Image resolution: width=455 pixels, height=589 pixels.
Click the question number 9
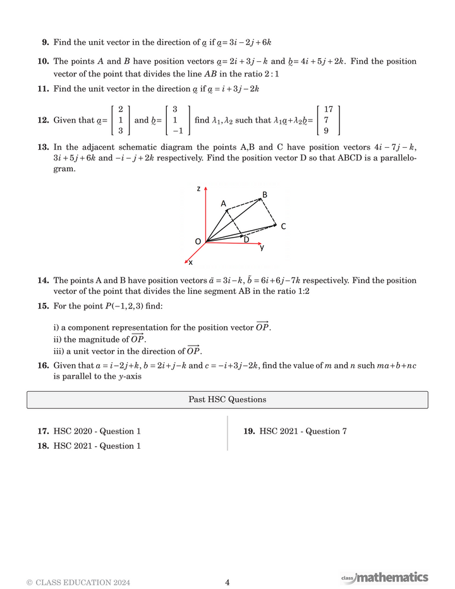tap(45, 42)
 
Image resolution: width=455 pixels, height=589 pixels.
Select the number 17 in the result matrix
tap(328, 109)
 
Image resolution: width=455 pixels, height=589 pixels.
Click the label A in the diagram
tap(223, 203)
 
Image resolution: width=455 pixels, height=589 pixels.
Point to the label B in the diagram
tap(265, 195)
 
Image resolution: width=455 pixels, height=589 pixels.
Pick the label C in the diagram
tap(283, 226)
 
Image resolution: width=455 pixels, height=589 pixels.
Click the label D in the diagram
tap(246, 240)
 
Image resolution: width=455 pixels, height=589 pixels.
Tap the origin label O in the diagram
tap(198, 241)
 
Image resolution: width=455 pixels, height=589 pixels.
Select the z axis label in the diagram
tap(198, 188)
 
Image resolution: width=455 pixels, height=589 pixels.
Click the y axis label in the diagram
tap(262, 248)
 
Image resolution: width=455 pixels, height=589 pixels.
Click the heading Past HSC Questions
tap(227, 399)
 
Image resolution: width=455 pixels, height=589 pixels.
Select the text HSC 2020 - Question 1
tap(97, 432)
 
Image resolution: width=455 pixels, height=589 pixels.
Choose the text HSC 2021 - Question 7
tap(303, 432)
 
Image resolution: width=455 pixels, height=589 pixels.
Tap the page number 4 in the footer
tap(227, 583)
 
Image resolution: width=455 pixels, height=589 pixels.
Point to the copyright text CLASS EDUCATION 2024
tap(78, 583)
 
